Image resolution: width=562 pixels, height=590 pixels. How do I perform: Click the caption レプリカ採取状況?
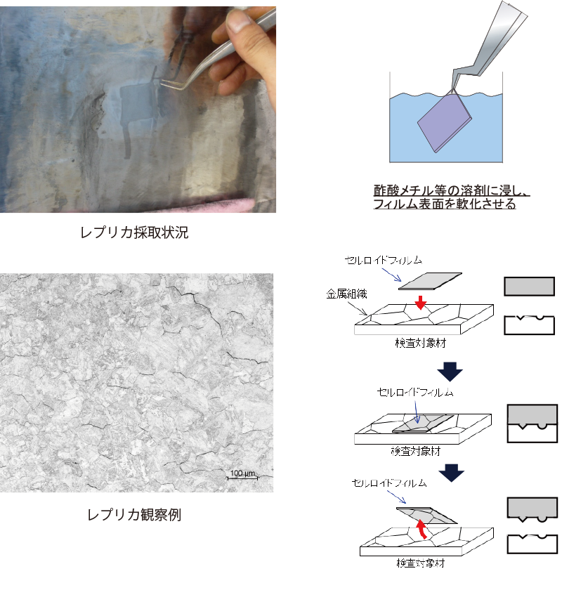[134, 232]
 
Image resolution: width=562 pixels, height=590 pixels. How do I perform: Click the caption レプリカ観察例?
[134, 514]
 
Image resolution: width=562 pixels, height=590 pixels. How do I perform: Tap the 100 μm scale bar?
[242, 478]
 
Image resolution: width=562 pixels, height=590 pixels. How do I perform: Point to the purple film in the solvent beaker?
[445, 122]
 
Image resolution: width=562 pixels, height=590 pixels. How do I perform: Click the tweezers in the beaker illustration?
[490, 45]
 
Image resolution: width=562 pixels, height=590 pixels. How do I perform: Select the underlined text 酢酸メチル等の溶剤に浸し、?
[451, 190]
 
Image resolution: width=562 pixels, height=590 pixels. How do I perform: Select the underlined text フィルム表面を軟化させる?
[445, 204]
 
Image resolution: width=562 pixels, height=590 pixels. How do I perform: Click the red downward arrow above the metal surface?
[421, 303]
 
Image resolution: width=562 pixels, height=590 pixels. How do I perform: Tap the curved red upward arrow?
[422, 529]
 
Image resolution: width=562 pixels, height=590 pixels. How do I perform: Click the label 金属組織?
[346, 294]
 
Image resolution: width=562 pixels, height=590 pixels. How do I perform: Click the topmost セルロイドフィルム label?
[384, 260]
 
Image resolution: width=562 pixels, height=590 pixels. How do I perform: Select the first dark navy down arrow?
[450, 372]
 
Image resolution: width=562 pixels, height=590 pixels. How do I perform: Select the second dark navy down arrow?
[451, 473]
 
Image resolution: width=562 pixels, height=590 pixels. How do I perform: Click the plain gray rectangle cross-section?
[529, 287]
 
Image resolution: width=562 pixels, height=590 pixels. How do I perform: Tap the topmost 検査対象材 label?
[421, 343]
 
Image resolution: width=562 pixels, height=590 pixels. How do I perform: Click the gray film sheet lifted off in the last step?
[427, 515]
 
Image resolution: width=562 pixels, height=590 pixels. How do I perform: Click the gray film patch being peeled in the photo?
[138, 105]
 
